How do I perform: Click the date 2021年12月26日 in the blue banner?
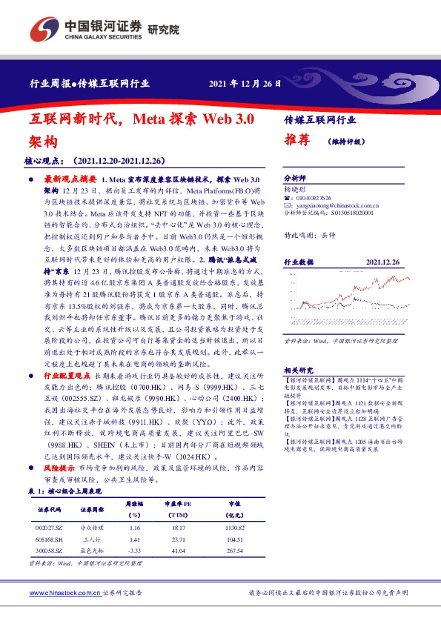point(245,83)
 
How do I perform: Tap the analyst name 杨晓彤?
point(294,190)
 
